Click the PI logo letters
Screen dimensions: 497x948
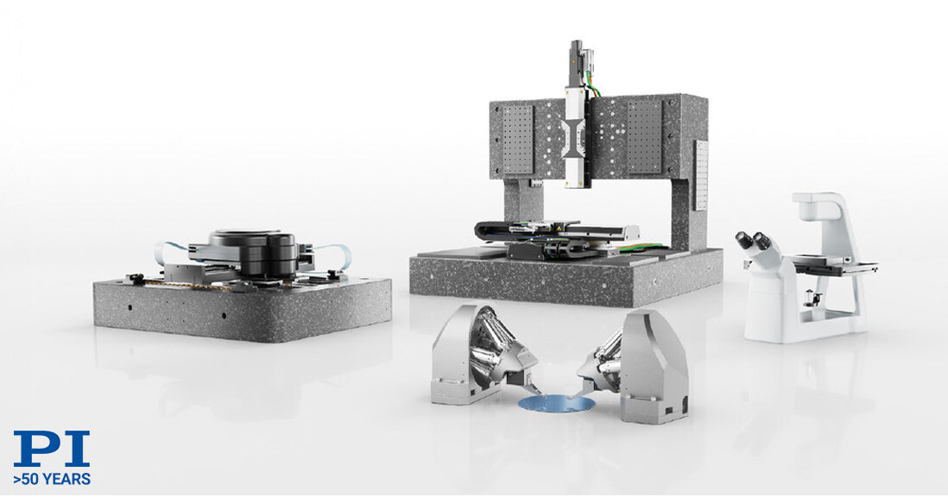[x=51, y=450]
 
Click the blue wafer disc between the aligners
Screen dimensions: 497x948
[x=555, y=402]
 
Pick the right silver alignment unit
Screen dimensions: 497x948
[x=640, y=362]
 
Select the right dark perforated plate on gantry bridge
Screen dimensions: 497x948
[x=644, y=134]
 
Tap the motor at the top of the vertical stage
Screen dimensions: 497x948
[x=576, y=60]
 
